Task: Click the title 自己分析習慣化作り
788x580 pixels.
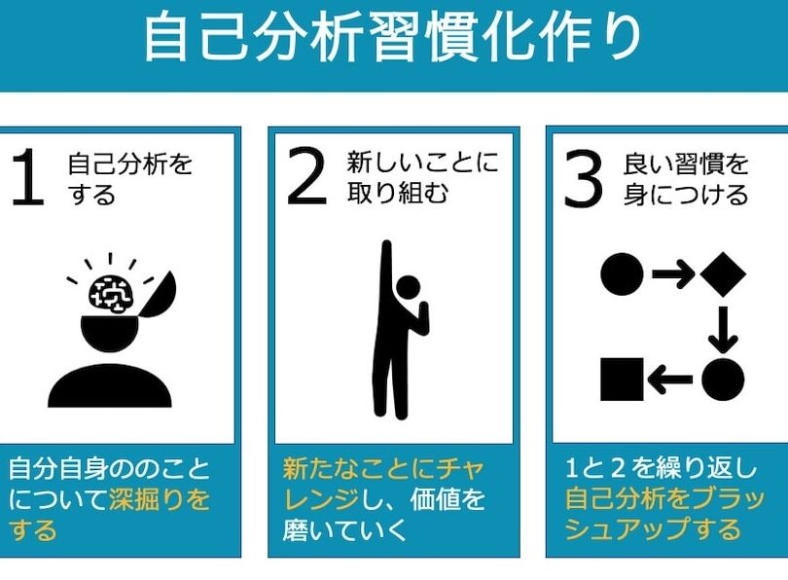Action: tap(392, 39)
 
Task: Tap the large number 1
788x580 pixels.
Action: tap(28, 177)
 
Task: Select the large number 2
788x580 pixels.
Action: tap(306, 177)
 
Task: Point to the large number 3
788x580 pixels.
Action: tap(583, 178)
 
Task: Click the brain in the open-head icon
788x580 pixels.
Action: tap(111, 294)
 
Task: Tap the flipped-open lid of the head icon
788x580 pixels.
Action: tap(159, 294)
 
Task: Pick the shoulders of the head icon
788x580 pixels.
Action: tap(110, 385)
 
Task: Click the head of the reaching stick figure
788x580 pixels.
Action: tap(408, 287)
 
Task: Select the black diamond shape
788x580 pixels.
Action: tap(723, 273)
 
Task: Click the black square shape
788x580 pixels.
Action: tap(622, 379)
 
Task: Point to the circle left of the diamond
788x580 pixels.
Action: tap(622, 273)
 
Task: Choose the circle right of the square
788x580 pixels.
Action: tap(723, 380)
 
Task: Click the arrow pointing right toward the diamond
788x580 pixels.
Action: tap(673, 273)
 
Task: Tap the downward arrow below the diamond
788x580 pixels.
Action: tap(723, 330)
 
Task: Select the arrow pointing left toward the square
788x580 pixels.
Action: tap(670, 380)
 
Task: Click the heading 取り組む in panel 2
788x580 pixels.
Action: tap(397, 194)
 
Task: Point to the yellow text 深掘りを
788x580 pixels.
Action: tap(159, 499)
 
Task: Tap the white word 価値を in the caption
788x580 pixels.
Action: tap(448, 499)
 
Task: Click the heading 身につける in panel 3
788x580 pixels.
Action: tap(686, 195)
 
